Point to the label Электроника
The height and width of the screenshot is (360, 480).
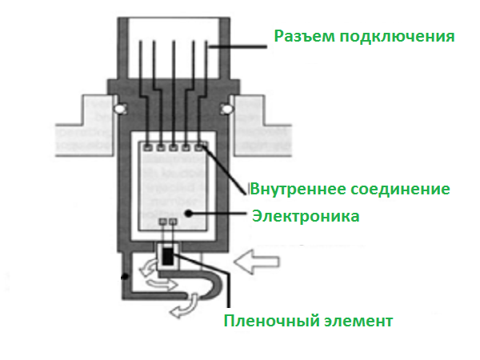(306, 215)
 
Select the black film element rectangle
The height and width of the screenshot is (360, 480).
(168, 256)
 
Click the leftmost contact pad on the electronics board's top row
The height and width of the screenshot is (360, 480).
(147, 147)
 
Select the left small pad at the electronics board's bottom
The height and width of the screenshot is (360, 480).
(163, 221)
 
